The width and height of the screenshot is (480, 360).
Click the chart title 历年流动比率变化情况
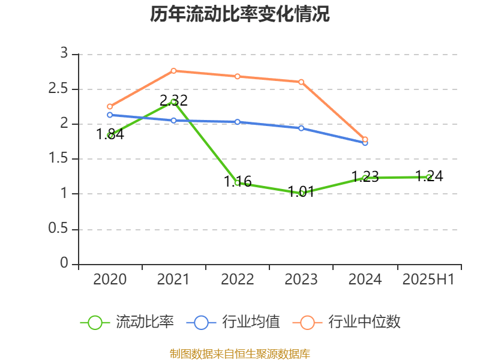(239, 14)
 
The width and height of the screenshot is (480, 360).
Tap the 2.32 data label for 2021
(173, 100)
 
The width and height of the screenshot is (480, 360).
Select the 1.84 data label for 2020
(110, 134)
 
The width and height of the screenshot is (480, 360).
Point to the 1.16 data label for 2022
(238, 181)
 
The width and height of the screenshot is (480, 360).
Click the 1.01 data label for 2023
(301, 192)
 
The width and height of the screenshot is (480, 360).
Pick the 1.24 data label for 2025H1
(429, 176)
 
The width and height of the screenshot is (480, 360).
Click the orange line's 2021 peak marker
(173, 71)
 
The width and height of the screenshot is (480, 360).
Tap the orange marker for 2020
(110, 106)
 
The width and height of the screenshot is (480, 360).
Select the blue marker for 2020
(110, 115)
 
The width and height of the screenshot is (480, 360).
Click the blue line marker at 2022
(238, 122)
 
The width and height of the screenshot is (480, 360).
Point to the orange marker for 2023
(301, 82)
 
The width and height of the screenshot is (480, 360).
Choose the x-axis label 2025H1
(428, 280)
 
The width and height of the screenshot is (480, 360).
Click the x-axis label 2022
(238, 280)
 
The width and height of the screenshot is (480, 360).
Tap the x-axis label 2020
(110, 280)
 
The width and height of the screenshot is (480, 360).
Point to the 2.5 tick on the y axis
(59, 89)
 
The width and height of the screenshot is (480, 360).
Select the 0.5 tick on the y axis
(59, 229)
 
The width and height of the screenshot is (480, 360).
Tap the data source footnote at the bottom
(239, 353)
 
